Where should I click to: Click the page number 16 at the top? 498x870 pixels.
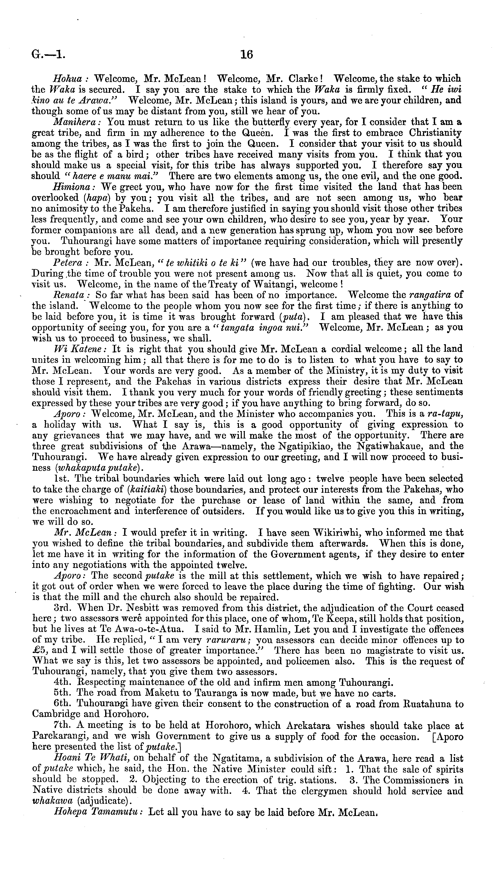click(247, 54)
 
